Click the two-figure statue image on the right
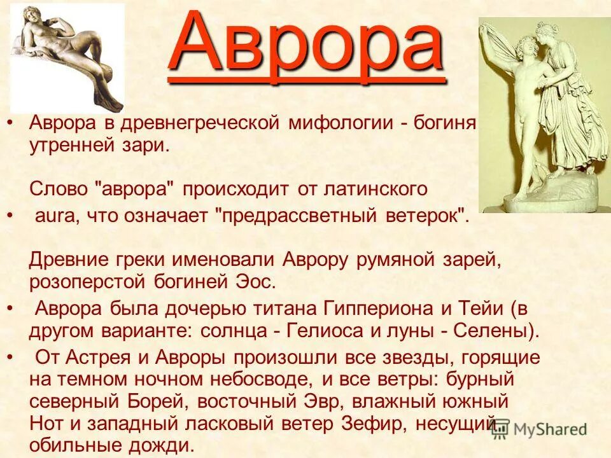tap(544, 114)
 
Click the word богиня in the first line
tap(446, 123)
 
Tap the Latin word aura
tap(54, 216)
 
